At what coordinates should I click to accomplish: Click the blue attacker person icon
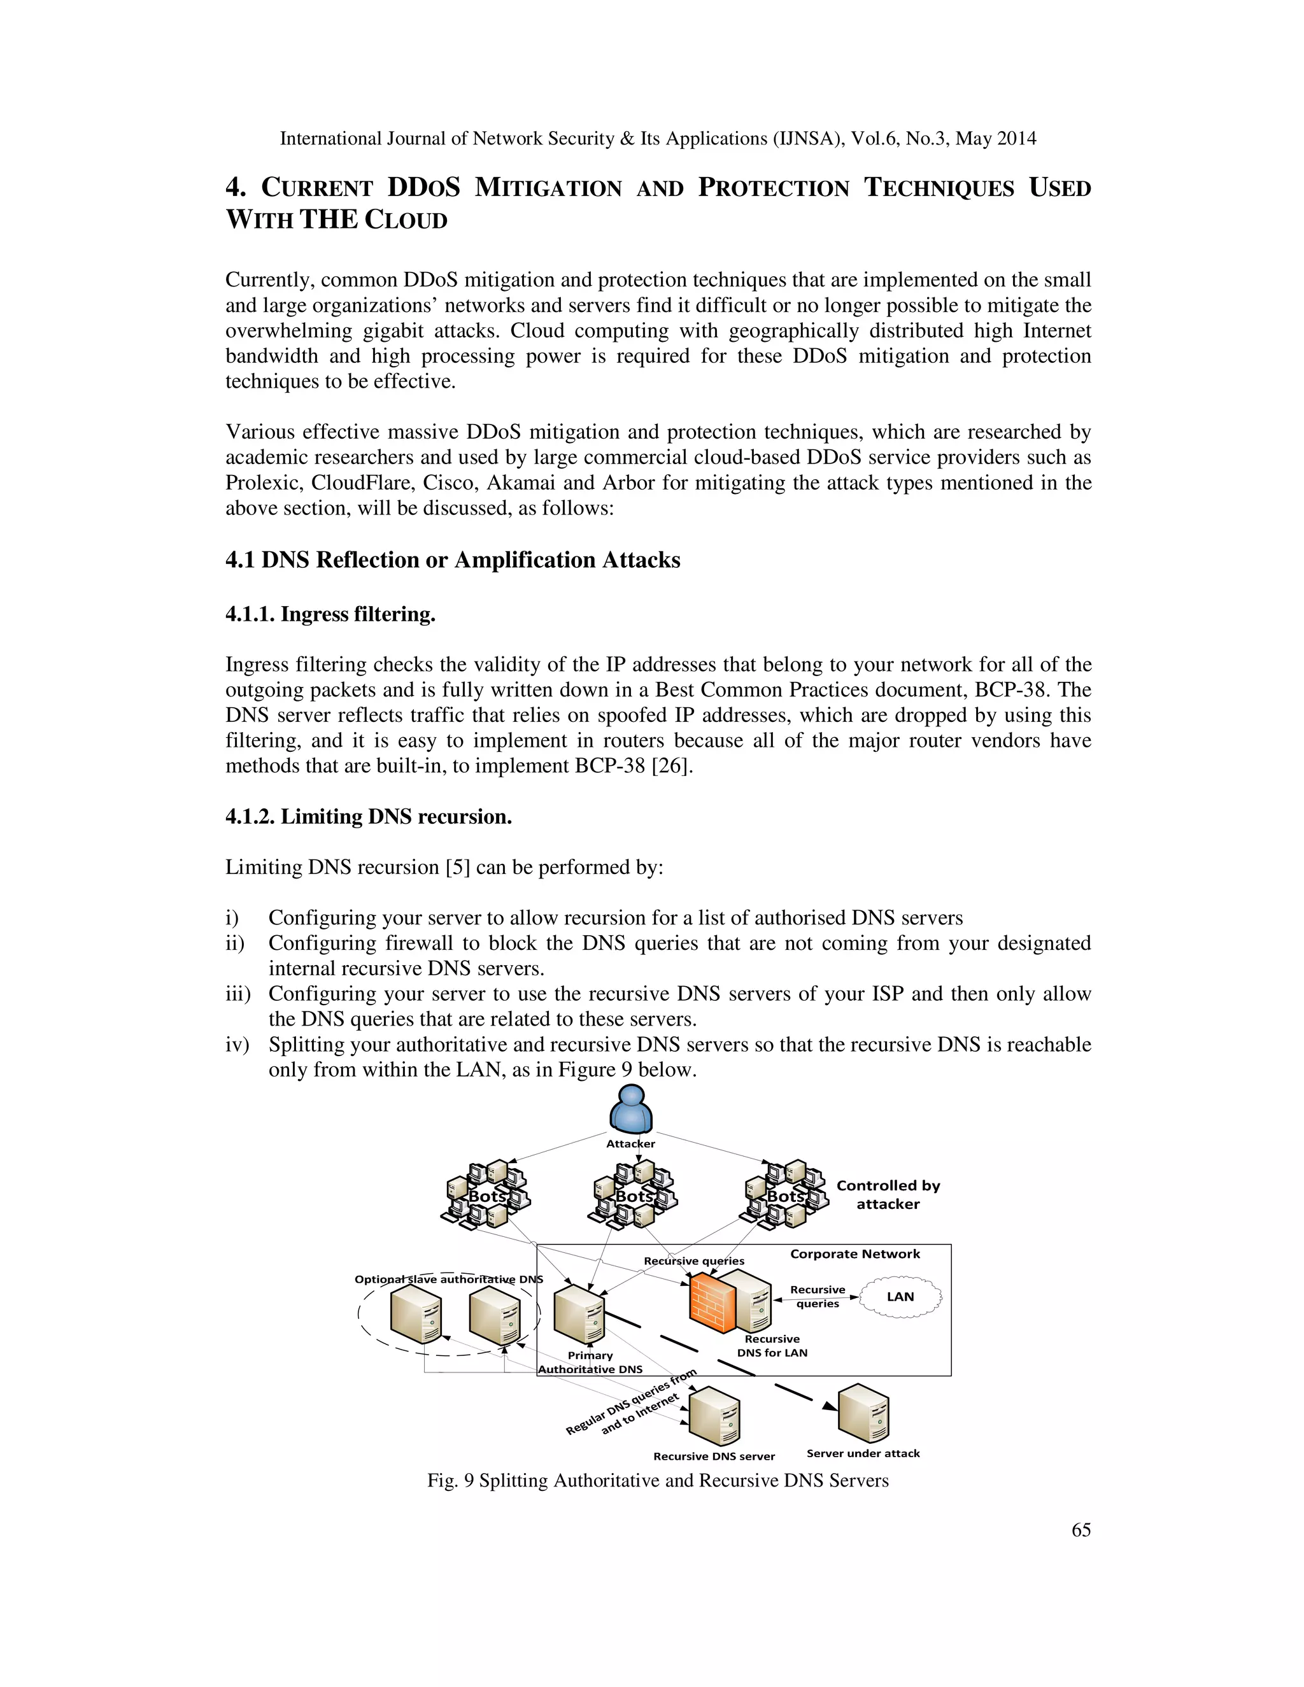click(x=631, y=1109)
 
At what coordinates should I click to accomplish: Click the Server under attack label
click(x=863, y=1453)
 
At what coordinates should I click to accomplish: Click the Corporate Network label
click(x=854, y=1253)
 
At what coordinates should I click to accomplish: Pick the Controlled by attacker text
click(x=888, y=1194)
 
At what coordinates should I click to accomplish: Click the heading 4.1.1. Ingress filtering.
click(x=330, y=614)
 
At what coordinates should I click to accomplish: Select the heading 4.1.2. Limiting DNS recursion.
click(x=369, y=817)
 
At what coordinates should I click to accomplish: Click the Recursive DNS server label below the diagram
click(x=714, y=1456)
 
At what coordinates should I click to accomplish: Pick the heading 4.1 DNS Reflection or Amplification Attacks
click(x=453, y=560)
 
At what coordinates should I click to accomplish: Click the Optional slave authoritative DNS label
click(x=448, y=1279)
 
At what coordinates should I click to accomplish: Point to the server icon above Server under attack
click(x=863, y=1413)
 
